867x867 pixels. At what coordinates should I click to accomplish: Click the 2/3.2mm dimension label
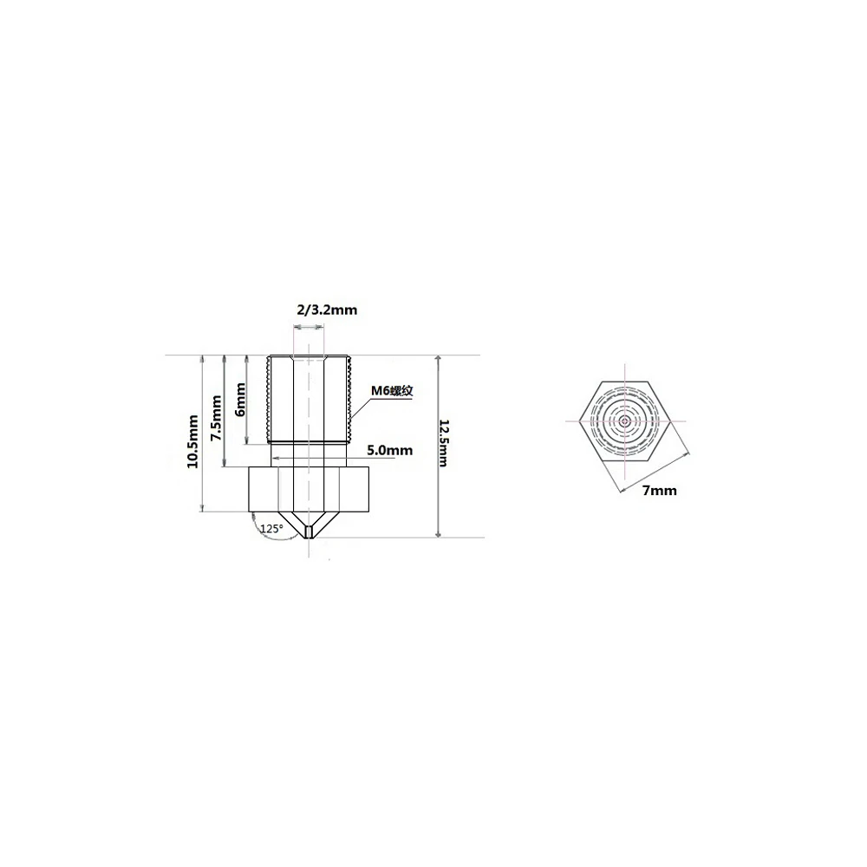[x=326, y=310]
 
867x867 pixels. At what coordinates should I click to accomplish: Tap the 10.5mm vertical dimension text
[x=193, y=440]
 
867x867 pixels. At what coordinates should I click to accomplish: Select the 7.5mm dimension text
[x=217, y=417]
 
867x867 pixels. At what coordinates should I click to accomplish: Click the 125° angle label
[x=271, y=528]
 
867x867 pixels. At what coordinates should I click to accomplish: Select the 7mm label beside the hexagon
[x=659, y=491]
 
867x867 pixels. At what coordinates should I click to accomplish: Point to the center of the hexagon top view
[x=625, y=420]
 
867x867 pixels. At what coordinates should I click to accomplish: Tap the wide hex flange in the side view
[x=310, y=489]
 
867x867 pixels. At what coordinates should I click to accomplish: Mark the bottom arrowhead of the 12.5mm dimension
[x=439, y=534]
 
